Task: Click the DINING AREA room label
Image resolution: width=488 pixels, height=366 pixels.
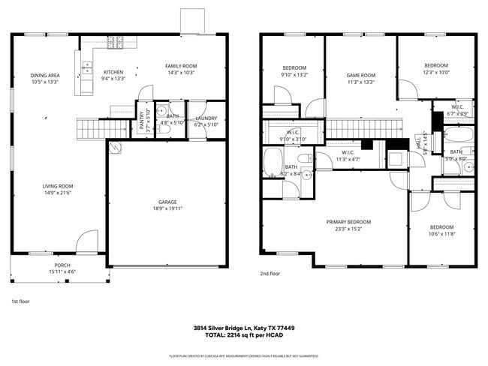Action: tap(45, 75)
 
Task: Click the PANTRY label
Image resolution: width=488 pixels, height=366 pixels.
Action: tap(143, 122)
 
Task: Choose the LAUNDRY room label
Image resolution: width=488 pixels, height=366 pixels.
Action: tap(206, 118)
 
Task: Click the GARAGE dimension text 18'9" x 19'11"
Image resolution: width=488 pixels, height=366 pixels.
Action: tap(167, 209)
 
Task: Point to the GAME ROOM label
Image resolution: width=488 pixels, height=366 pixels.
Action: tap(360, 75)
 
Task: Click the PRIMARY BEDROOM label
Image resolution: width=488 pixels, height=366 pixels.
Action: tap(348, 222)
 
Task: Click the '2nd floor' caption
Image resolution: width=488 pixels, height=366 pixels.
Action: tap(270, 274)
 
